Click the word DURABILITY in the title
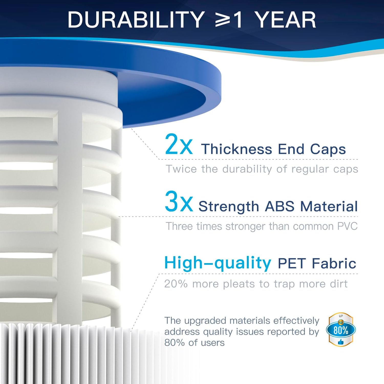click(136, 20)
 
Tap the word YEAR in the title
click(286, 20)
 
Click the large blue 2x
click(178, 145)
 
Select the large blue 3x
click(178, 202)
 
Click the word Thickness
click(237, 149)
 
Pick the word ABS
click(279, 206)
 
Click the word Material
click(329, 206)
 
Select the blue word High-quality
click(218, 263)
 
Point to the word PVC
click(347, 226)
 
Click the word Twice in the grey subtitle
click(181, 169)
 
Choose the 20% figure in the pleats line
click(176, 284)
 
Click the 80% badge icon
click(341, 329)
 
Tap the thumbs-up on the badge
click(340, 342)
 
